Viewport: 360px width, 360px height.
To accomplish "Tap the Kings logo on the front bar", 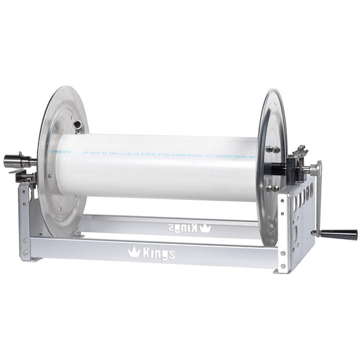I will coord(152,253).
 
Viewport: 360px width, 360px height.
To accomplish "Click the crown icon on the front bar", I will coord(134,253).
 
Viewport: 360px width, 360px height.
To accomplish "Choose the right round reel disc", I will coord(272,165).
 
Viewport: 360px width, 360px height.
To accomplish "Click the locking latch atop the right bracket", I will coord(299,153).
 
